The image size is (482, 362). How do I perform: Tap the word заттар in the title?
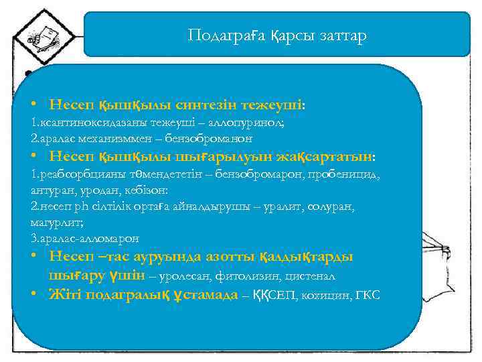(x=343, y=36)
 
